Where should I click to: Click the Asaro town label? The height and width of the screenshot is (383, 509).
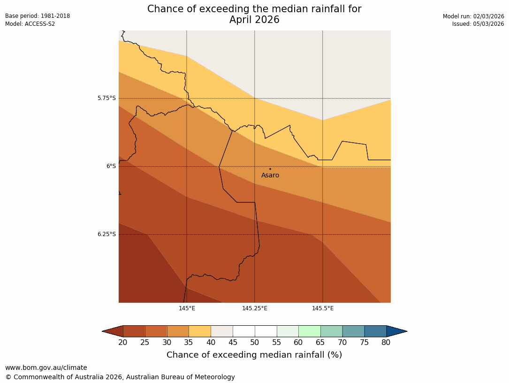(x=270, y=176)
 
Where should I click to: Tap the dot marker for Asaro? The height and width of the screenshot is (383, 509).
(x=270, y=169)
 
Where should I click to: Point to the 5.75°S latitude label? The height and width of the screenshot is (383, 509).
(x=106, y=99)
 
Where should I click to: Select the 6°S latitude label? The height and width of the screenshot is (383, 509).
(x=111, y=166)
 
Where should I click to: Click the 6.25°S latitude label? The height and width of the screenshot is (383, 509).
(x=106, y=234)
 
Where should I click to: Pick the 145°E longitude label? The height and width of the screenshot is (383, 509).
(x=187, y=308)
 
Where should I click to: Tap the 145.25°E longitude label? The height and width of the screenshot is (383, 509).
(x=255, y=308)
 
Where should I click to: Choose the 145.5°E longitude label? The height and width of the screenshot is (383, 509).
(x=323, y=308)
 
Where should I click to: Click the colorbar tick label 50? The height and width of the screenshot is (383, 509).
(x=255, y=343)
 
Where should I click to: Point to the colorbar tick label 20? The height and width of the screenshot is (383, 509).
(x=123, y=343)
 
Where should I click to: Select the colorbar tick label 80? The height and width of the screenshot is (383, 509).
(x=386, y=343)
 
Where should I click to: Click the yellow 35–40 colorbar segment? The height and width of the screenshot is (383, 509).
(x=200, y=331)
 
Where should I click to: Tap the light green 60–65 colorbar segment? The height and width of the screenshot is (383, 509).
(x=310, y=331)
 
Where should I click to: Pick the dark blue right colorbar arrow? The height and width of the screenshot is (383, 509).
(x=396, y=331)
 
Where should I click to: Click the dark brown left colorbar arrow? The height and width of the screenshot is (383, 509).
(x=113, y=331)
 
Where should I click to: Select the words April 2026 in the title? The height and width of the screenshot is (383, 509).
(x=254, y=20)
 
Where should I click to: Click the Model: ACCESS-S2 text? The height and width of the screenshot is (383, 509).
(x=30, y=24)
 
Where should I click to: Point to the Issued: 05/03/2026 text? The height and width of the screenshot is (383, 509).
(x=478, y=24)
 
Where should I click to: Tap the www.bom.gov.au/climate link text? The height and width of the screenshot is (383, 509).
(x=46, y=368)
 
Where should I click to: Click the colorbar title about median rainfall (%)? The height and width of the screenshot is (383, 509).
(x=254, y=355)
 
